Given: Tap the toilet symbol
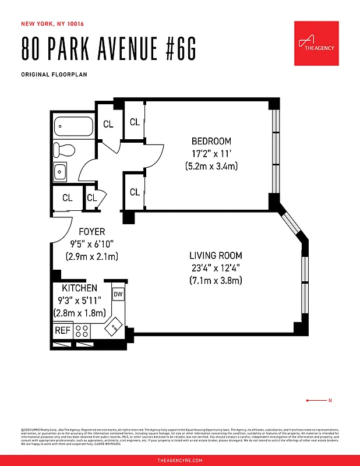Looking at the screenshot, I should (65, 150).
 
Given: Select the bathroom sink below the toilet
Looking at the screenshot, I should (61, 171).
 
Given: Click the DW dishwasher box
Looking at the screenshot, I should (118, 295).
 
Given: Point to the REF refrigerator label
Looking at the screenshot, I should (62, 330).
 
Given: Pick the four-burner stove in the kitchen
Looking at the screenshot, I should (83, 331).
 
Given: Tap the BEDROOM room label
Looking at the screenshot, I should (211, 141).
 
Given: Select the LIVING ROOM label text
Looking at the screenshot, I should (216, 256).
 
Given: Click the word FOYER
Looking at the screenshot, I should (91, 232).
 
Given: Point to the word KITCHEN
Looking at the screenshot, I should (80, 288).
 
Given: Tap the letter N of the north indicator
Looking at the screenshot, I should (330, 400).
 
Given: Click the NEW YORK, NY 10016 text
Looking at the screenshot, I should (53, 24).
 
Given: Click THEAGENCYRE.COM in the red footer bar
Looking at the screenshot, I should (180, 460).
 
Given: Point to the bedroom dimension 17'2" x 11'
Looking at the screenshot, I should (211, 154).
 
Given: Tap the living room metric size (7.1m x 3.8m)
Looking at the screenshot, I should (216, 281).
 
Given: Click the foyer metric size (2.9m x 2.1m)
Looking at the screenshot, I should (91, 256).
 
